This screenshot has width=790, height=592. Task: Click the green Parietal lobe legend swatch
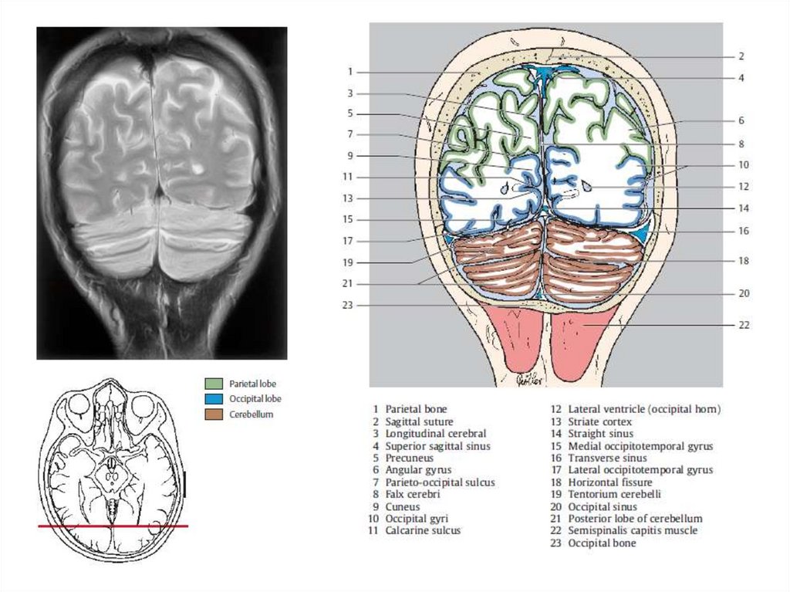pos(214,384)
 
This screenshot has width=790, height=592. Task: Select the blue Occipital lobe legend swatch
pos(214,399)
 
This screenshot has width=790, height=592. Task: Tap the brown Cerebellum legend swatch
pos(214,414)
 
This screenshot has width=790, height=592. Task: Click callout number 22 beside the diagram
pos(743,326)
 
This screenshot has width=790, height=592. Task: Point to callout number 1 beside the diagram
pos(349,72)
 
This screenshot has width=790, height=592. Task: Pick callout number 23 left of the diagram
pos(347,306)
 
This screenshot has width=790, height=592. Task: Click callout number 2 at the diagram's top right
pos(740,56)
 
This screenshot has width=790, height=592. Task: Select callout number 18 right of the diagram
pos(743,262)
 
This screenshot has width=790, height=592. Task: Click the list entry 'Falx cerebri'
pos(409,495)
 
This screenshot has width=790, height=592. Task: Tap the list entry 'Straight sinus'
pos(600,435)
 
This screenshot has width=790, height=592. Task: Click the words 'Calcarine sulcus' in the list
pos(422,531)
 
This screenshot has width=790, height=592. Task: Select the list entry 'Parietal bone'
pos(416,410)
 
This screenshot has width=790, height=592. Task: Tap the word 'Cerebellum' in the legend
pos(251,414)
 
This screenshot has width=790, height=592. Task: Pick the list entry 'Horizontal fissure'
pos(609,482)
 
